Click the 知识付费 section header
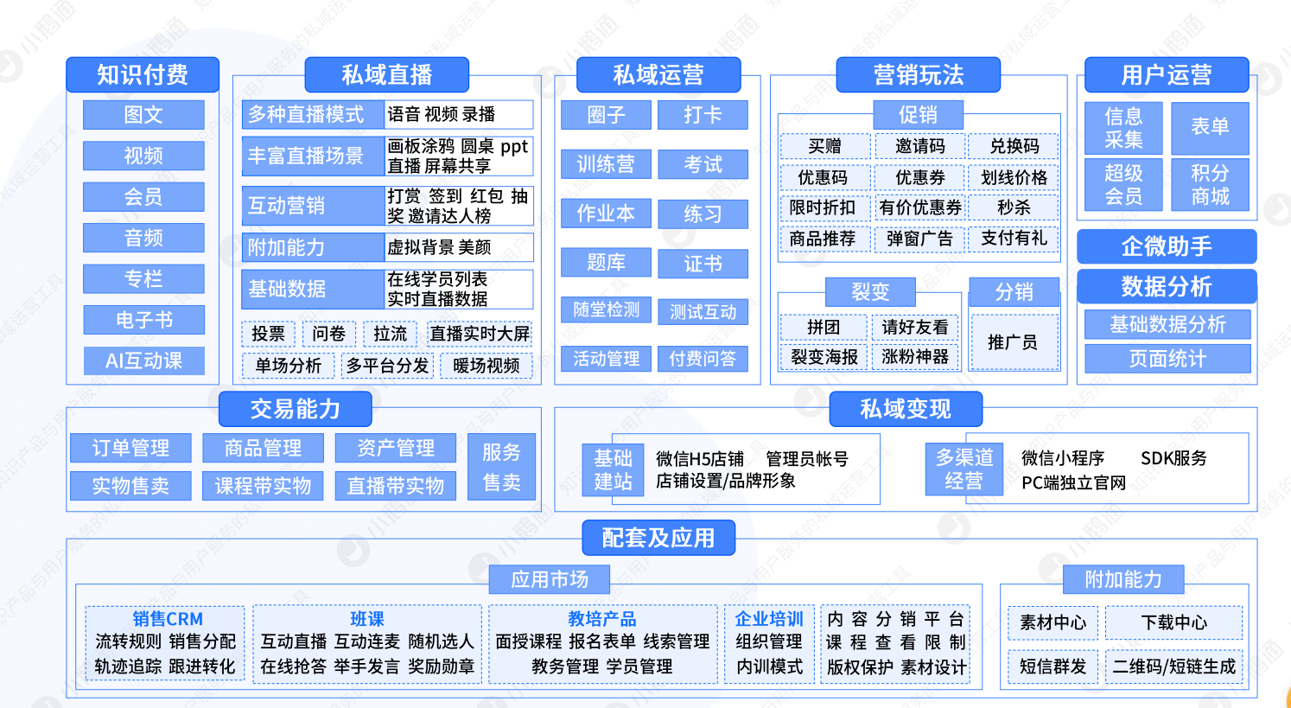[x=143, y=74]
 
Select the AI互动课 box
[x=143, y=361]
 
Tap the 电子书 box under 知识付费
[x=143, y=319]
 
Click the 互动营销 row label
[x=313, y=205]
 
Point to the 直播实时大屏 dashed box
[x=479, y=333]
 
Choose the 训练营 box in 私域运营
[x=606, y=164]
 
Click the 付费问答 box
[x=703, y=359]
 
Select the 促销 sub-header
[x=918, y=115]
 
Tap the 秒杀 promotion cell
[x=1014, y=207]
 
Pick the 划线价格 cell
[x=1014, y=177]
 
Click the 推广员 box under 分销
[x=1014, y=342]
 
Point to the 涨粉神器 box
[x=914, y=357]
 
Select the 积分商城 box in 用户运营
[x=1210, y=184]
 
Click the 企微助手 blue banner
[x=1167, y=246]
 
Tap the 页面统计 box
[x=1167, y=359]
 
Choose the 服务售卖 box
[x=501, y=467]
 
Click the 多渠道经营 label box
[x=964, y=469]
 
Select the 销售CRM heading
[x=167, y=619]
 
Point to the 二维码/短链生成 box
[x=1174, y=667]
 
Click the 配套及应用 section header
[x=658, y=538]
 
